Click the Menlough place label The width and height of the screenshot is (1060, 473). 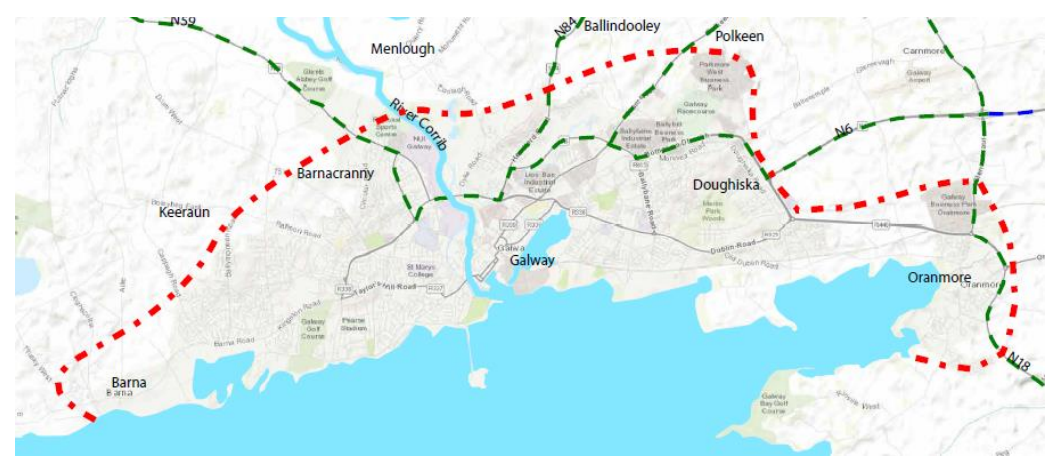(x=403, y=48)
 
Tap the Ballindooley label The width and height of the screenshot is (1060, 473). (x=623, y=26)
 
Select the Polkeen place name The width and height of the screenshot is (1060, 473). (x=739, y=36)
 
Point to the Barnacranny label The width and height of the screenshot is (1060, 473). (x=335, y=173)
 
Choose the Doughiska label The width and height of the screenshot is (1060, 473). (x=726, y=185)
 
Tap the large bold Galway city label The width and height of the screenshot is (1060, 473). (x=531, y=260)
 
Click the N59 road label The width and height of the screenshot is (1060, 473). (x=184, y=20)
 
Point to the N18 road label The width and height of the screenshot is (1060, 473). (x=1018, y=362)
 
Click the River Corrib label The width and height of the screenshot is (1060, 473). (x=419, y=124)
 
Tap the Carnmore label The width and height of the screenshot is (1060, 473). (x=922, y=50)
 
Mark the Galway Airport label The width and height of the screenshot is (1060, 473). (x=918, y=77)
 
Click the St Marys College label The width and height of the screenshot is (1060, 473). (x=423, y=272)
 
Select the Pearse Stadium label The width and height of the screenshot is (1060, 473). (x=355, y=323)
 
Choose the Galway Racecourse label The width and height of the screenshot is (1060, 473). (x=697, y=110)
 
